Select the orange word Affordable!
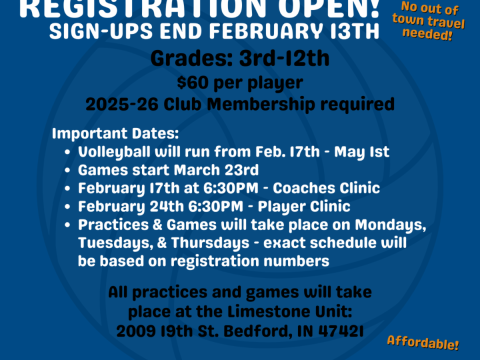point(423,343)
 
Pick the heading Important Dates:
point(115,134)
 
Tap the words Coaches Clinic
point(326,188)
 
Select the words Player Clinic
point(304,207)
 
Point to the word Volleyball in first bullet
point(114,152)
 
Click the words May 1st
point(362,152)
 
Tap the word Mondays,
point(390,225)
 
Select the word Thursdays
point(210,243)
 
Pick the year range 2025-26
point(122,104)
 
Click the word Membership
point(261,104)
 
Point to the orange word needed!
point(427,34)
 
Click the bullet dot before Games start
point(68,170)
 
